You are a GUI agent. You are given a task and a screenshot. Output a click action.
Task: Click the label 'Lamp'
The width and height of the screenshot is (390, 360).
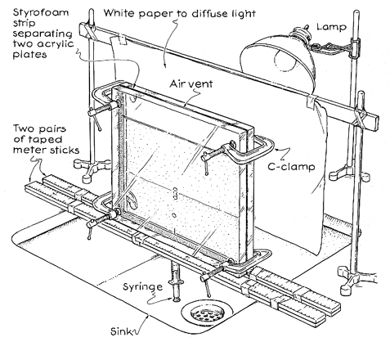tap(331, 27)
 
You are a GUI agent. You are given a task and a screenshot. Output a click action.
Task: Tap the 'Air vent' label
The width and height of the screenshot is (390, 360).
tap(191, 83)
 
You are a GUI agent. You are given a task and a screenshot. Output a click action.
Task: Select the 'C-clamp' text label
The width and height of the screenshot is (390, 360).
tap(291, 166)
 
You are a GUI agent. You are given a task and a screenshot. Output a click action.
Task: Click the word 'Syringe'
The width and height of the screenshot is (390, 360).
tap(142, 287)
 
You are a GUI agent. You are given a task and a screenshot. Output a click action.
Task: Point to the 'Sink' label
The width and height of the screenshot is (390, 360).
tap(121, 331)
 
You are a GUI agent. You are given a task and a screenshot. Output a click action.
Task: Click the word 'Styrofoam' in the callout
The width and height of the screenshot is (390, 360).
tap(41, 13)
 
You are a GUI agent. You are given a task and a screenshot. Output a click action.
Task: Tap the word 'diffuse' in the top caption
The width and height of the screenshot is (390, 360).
tap(206, 13)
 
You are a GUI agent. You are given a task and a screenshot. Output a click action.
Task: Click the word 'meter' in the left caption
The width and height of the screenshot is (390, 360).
tap(25, 150)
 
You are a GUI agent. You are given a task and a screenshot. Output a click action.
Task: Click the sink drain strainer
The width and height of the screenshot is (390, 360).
tap(208, 313)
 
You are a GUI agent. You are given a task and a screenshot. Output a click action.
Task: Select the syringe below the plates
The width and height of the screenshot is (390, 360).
tap(175, 281)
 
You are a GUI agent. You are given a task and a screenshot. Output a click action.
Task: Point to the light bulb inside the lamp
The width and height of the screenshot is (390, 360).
tap(285, 60)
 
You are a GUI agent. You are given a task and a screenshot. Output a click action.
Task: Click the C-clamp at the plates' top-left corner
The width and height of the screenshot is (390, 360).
tap(105, 102)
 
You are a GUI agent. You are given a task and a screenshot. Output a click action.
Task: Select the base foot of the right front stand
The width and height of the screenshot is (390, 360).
tap(352, 280)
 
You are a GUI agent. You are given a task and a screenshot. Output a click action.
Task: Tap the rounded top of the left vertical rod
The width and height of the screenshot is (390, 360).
tap(92, 11)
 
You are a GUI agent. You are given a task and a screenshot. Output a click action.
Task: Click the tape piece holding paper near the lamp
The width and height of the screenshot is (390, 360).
tap(312, 101)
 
